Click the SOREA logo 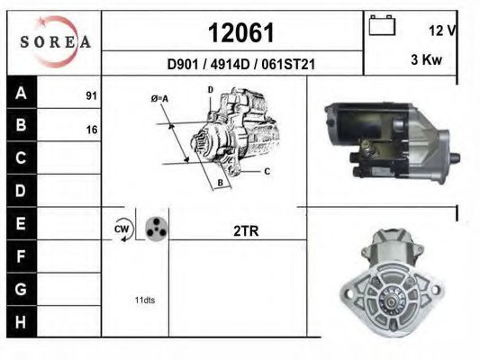tap(55, 41)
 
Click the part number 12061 tap(241, 32)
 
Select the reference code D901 tap(183, 65)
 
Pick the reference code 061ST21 tap(288, 65)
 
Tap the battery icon tap(382, 25)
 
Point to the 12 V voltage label tap(443, 31)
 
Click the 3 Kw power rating tap(427, 59)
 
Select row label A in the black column tap(21, 93)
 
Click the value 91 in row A tap(91, 95)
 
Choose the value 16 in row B tap(92, 130)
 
